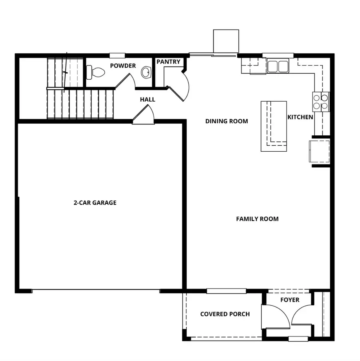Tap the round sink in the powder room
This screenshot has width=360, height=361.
(x=146, y=73)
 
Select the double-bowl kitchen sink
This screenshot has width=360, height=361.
(x=278, y=66)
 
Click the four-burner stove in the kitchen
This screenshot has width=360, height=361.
(x=321, y=102)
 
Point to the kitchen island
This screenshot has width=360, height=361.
(x=274, y=126)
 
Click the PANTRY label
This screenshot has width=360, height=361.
(x=168, y=62)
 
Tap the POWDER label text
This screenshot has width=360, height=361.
(x=123, y=66)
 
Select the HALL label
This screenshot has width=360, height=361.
(x=148, y=100)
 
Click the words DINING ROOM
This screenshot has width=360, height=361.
(x=226, y=121)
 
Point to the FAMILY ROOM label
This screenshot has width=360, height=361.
(x=257, y=219)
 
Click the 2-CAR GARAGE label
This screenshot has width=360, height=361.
(x=95, y=203)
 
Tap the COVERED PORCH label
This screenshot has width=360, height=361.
(x=225, y=314)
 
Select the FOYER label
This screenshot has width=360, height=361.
(x=290, y=300)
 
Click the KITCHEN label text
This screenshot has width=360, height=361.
(x=300, y=117)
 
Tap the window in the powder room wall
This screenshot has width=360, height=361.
(x=118, y=55)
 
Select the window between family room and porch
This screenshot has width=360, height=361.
(x=226, y=291)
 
